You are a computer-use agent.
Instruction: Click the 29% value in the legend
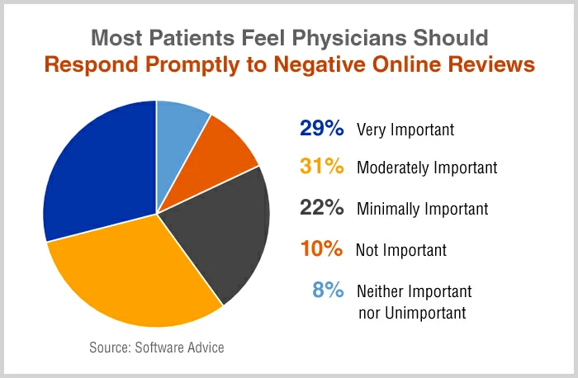[320, 130]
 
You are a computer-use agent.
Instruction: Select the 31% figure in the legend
[320, 168]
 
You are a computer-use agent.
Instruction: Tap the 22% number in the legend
[320, 209]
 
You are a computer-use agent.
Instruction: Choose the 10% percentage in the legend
[320, 249]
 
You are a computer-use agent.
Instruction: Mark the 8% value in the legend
[327, 291]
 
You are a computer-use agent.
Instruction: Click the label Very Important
[405, 130]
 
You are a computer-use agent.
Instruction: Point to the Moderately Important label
[427, 168]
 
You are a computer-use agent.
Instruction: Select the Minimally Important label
[422, 210]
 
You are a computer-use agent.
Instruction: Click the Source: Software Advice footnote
[156, 347]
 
